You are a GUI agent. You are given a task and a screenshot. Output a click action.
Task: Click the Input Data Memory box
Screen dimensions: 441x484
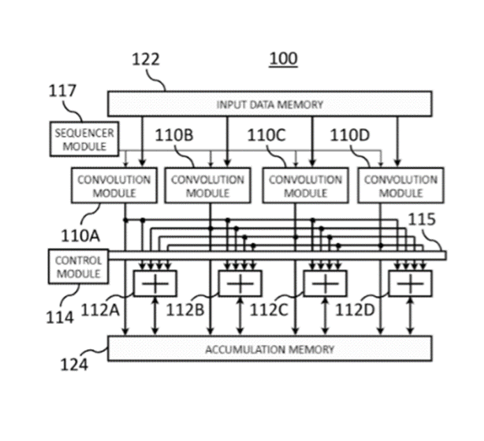(269, 105)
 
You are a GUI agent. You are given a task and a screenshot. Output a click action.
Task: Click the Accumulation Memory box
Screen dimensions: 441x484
(269, 348)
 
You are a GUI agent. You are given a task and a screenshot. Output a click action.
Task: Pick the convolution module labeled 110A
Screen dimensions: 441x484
(114, 186)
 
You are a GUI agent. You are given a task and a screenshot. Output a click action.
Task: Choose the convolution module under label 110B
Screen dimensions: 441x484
(207, 186)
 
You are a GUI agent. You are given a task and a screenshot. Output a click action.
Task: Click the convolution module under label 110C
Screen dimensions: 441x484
(305, 186)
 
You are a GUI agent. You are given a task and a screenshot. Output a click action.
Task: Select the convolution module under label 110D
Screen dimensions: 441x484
(400, 186)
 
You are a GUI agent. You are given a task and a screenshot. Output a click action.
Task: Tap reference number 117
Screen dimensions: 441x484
(63, 91)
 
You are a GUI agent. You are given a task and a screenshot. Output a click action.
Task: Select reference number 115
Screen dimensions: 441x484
(422, 220)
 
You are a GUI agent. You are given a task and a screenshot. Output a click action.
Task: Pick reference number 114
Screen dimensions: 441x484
(60, 317)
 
